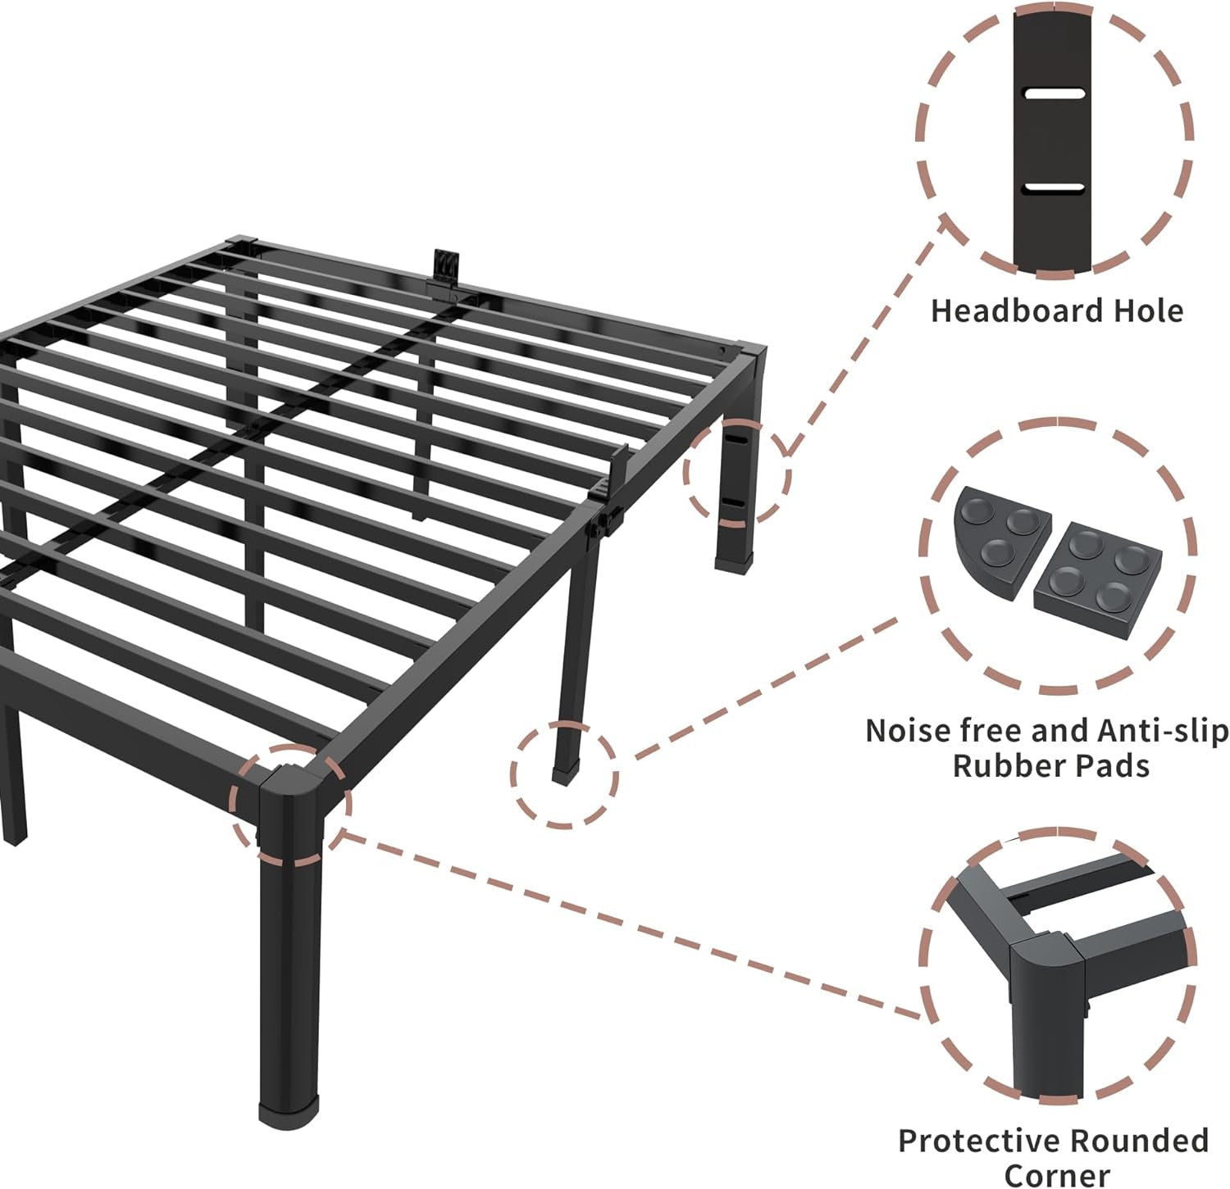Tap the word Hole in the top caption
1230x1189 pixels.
click(1148, 311)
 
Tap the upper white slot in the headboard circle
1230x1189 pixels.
click(1054, 93)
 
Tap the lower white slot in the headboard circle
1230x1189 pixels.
click(1054, 188)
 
